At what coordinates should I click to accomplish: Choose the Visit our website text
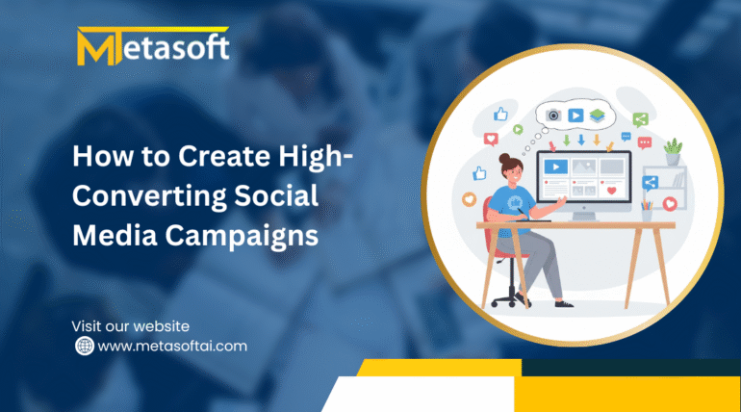(x=131, y=326)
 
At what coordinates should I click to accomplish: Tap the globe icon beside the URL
(x=85, y=346)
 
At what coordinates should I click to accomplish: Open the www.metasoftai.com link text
(x=172, y=347)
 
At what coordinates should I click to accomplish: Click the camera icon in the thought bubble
(x=553, y=115)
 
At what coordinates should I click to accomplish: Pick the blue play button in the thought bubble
(x=575, y=115)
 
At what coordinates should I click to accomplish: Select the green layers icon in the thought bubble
(x=598, y=115)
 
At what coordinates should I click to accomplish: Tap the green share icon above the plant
(x=640, y=119)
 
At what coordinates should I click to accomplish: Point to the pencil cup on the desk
(x=646, y=211)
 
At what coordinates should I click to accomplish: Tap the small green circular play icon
(x=518, y=129)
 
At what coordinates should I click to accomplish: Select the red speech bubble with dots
(x=645, y=142)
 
